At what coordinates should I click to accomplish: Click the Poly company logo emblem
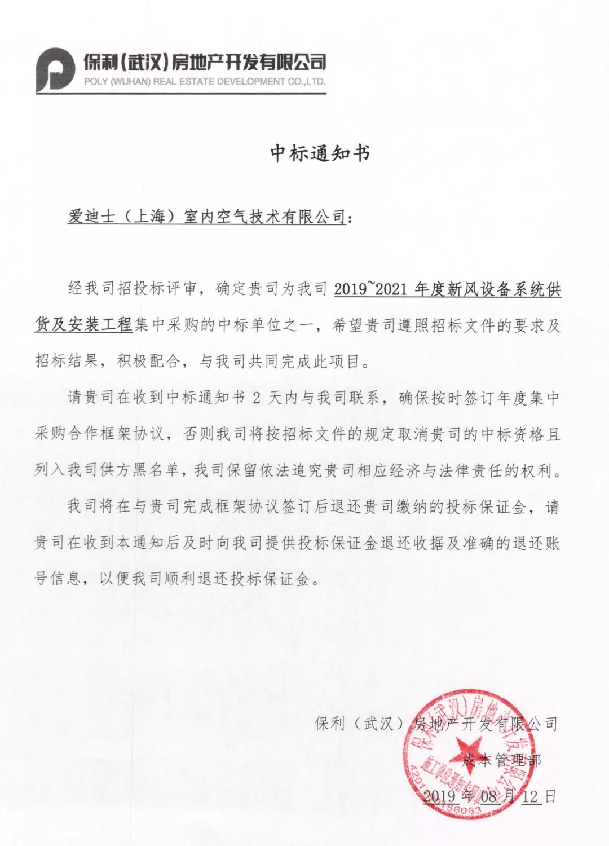click(x=55, y=69)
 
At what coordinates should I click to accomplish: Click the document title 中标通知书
click(x=320, y=153)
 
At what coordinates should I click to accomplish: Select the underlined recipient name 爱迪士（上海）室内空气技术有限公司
click(x=206, y=217)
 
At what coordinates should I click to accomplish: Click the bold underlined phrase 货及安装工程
click(x=83, y=325)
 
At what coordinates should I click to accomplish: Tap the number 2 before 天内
click(x=257, y=398)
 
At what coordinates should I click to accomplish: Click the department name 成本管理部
click(x=501, y=760)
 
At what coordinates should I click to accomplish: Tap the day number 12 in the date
click(x=530, y=796)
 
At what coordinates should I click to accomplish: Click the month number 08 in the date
click(x=489, y=796)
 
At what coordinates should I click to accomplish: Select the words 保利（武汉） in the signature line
click(x=361, y=724)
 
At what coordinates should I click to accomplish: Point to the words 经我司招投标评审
click(x=133, y=290)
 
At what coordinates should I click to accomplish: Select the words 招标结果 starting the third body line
click(x=68, y=362)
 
